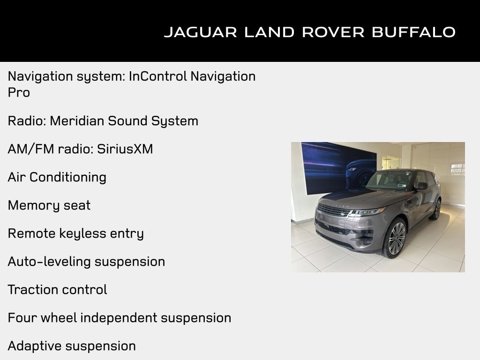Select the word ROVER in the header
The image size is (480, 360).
333,32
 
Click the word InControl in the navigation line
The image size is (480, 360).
157,76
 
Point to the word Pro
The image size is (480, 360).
19,92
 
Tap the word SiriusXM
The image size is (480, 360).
125,149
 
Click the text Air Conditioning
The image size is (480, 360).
57,177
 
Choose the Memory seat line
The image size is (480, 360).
49,205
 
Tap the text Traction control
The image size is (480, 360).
57,290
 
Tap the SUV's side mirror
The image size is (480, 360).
421,186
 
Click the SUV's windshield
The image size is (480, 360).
391,180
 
